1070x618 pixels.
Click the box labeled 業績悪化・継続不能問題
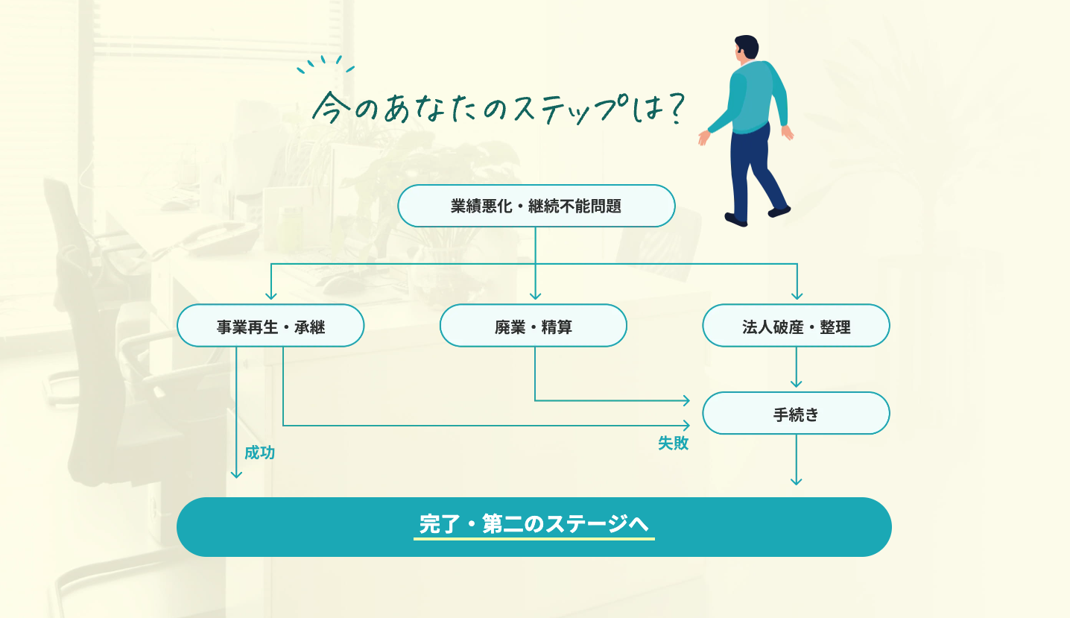pyautogui.click(x=536, y=206)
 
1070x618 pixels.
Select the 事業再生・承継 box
pyautogui.click(x=270, y=326)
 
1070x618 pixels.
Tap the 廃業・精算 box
pyautogui.click(x=533, y=326)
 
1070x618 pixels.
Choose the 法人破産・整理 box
pyautogui.click(x=796, y=326)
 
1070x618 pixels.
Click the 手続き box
pyautogui.click(x=796, y=414)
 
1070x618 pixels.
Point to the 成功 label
pyautogui.click(x=259, y=453)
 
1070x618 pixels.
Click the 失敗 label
pyautogui.click(x=673, y=443)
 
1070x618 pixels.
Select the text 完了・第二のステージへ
pyautogui.click(x=534, y=524)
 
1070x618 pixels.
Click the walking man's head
pyautogui.click(x=745, y=48)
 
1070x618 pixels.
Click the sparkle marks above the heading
pyautogui.click(x=325, y=65)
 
